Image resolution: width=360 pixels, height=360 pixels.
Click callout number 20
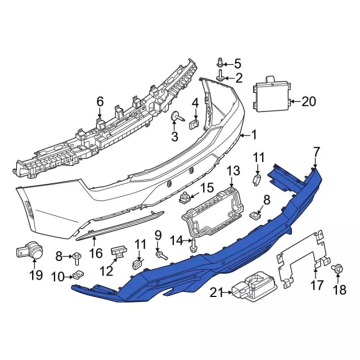[x=309, y=102]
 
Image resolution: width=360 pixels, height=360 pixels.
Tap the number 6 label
[x=100, y=102]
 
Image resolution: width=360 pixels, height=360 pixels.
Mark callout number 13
[x=233, y=171]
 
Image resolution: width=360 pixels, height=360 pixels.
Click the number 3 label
[x=174, y=136]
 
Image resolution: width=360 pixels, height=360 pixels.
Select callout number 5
[x=237, y=64]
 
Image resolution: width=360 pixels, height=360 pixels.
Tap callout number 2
[x=238, y=78]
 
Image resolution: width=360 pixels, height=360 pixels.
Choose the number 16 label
[x=96, y=253]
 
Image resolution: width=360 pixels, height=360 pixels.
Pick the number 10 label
[x=58, y=276]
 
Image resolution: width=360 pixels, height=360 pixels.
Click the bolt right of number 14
[x=194, y=244]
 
